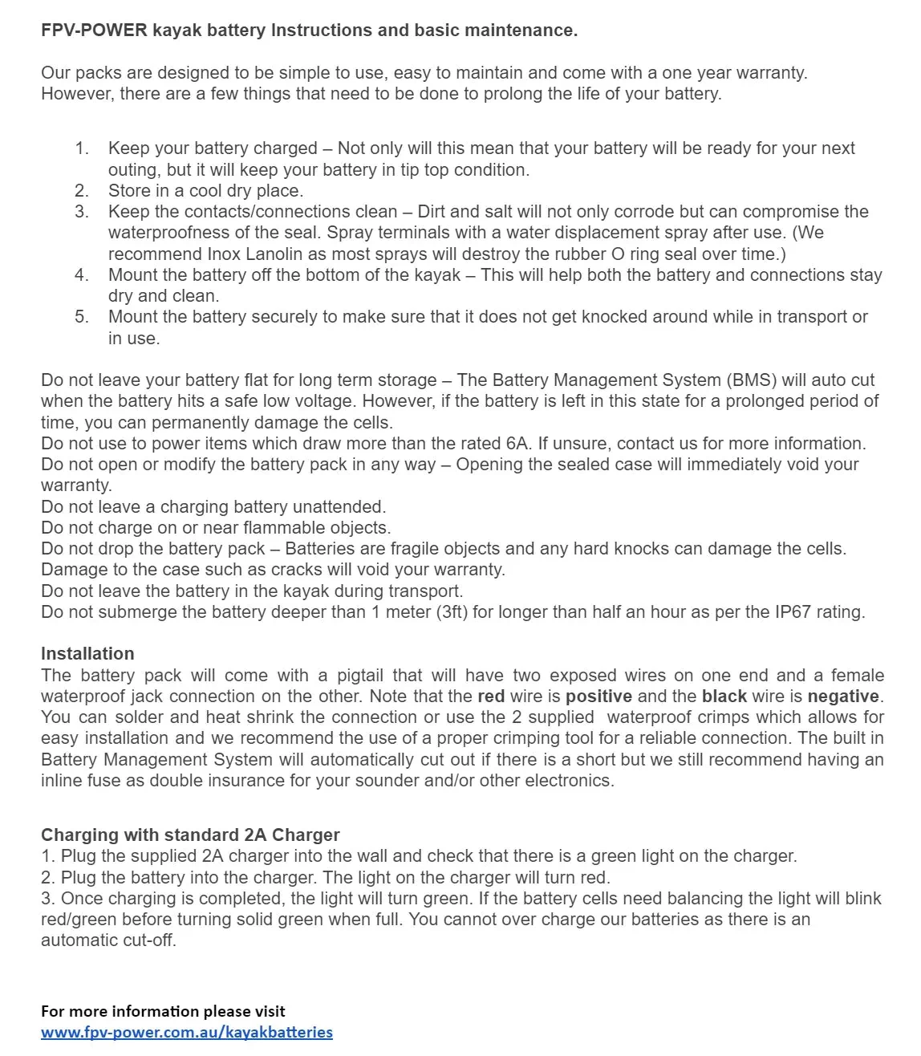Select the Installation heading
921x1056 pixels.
point(87,653)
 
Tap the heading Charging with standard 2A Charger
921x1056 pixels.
point(190,835)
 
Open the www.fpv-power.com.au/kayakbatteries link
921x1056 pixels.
point(187,1032)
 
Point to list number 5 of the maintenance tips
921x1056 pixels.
point(82,317)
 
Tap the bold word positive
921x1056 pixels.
point(598,696)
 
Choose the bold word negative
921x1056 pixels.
point(843,696)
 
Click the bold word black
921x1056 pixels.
point(724,696)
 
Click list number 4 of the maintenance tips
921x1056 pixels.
point(82,274)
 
